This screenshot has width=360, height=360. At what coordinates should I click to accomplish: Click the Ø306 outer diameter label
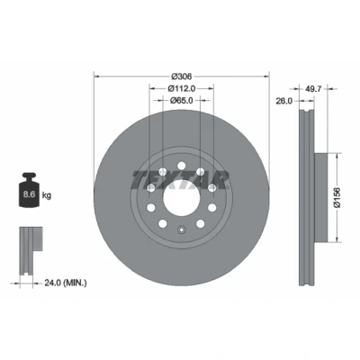pos(181,76)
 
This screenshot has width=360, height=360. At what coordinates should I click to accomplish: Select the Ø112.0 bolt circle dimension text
pos(182,88)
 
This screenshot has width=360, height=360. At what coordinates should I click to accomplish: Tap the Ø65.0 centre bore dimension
pos(182,101)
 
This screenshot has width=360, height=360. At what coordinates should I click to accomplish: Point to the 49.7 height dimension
pos(313,89)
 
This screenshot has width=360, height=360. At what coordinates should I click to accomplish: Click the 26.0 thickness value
pos(284,101)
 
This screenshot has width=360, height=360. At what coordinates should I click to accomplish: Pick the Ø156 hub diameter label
pos(337,197)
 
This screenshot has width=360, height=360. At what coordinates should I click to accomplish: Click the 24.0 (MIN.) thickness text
pos(66,283)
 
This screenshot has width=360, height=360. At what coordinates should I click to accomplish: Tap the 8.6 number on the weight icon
pos(30,194)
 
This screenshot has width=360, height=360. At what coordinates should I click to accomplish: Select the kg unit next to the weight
pos(47,195)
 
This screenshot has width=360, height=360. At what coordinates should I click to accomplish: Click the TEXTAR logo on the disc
pos(181,180)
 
